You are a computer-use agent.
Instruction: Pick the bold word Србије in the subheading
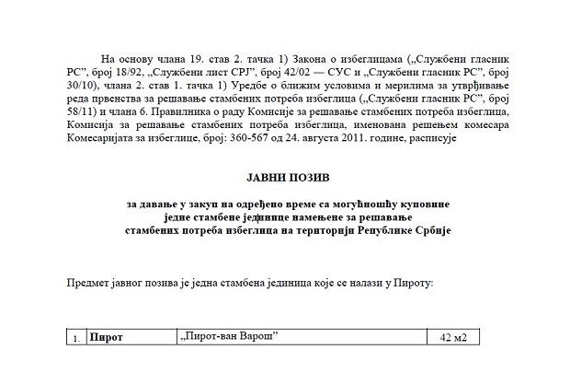[430, 230]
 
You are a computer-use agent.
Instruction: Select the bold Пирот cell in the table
[108, 338]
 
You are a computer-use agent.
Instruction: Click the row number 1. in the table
[75, 339]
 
